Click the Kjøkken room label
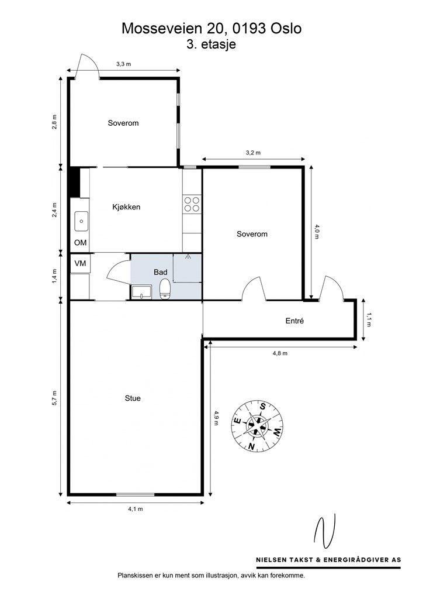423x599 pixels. pyautogui.click(x=126, y=207)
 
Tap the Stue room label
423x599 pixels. pyautogui.click(x=133, y=398)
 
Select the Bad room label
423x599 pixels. pyautogui.click(x=161, y=272)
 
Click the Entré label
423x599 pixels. pyautogui.click(x=294, y=321)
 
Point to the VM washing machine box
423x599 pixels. pyautogui.click(x=80, y=264)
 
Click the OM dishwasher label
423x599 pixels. pyautogui.click(x=80, y=243)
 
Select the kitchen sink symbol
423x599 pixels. pyautogui.click(x=79, y=221)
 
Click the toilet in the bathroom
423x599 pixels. pyautogui.click(x=165, y=288)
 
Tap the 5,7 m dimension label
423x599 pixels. pyautogui.click(x=54, y=398)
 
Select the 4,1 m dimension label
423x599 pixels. pyautogui.click(x=136, y=510)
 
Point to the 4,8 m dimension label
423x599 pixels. pyautogui.click(x=280, y=353)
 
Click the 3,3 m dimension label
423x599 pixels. pyautogui.click(x=123, y=64)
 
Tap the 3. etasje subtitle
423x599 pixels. pyautogui.click(x=211, y=44)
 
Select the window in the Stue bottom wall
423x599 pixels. pyautogui.click(x=136, y=494)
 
